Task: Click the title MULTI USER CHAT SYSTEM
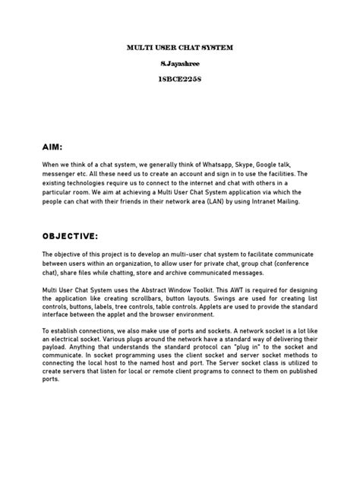[x=179, y=48]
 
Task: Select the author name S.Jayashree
[x=179, y=65]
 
